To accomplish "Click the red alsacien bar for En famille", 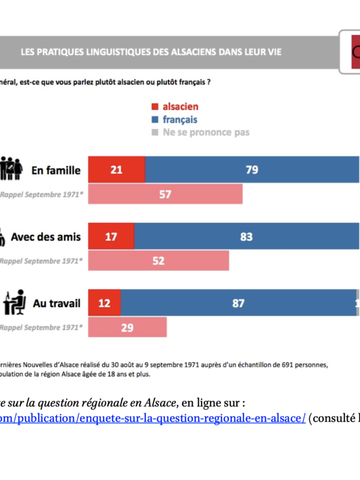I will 116,170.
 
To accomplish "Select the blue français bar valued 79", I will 252,170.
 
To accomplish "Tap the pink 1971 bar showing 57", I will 165,194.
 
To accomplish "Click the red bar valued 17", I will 111,236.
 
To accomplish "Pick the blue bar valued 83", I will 247,236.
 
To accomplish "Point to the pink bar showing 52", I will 158,260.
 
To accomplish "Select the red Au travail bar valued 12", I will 104,303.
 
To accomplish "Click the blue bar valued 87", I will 238,303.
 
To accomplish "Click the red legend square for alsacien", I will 154,107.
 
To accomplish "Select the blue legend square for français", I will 154,120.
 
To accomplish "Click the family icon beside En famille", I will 11,169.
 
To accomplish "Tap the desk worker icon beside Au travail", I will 14,302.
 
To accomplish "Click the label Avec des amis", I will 46,237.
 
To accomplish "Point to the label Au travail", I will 56,304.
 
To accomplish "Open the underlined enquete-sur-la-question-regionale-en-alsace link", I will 153,418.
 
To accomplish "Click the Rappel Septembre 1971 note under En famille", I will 41,194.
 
